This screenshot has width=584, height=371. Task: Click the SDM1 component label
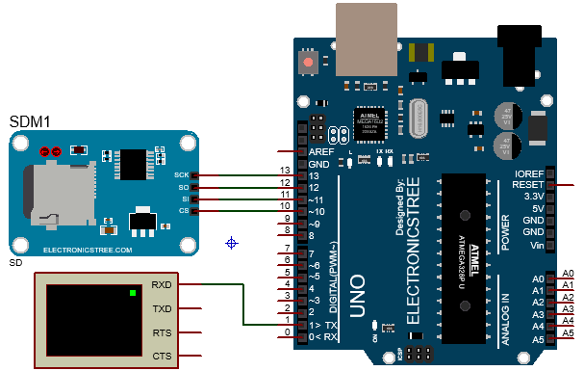30,122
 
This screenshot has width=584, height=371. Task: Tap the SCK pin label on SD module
181,175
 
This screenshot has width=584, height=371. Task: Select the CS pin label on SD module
184,210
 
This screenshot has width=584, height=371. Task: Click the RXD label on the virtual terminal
161,285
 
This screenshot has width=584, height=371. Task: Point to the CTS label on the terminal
161,356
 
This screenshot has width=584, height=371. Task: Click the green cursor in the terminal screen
131,291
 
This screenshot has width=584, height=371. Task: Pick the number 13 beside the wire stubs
285,173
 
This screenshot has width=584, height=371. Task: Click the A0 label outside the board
568,274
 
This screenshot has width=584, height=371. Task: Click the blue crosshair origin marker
231,243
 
